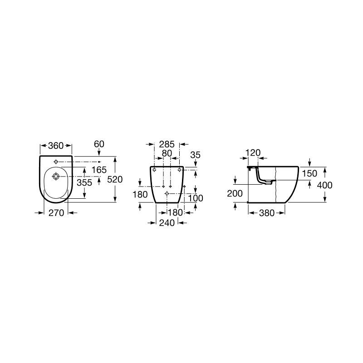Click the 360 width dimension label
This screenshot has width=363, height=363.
[x=56, y=146]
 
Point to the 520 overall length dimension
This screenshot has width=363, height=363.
[x=115, y=179]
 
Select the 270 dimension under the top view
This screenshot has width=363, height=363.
[x=56, y=213]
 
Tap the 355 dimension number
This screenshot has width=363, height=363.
[x=84, y=183]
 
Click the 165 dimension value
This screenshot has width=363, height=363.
[x=99, y=170]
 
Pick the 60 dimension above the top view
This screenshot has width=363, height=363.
[x=99, y=144]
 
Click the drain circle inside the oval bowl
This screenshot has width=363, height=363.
[x=56, y=177]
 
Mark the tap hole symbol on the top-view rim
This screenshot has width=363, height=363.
[x=56, y=162]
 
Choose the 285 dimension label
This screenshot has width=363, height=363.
[x=167, y=144]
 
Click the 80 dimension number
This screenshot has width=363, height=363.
[x=167, y=153]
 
